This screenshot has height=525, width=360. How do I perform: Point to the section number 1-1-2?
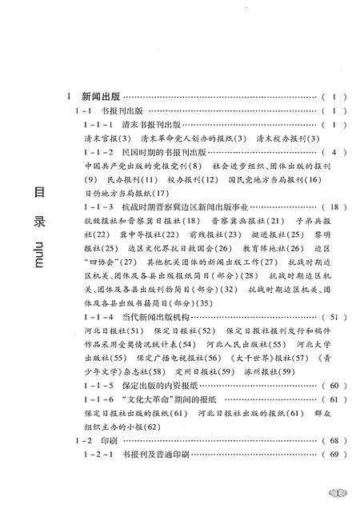(98, 152)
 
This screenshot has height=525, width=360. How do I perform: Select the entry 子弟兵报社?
(307, 221)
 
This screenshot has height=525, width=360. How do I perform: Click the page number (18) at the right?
(334, 207)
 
